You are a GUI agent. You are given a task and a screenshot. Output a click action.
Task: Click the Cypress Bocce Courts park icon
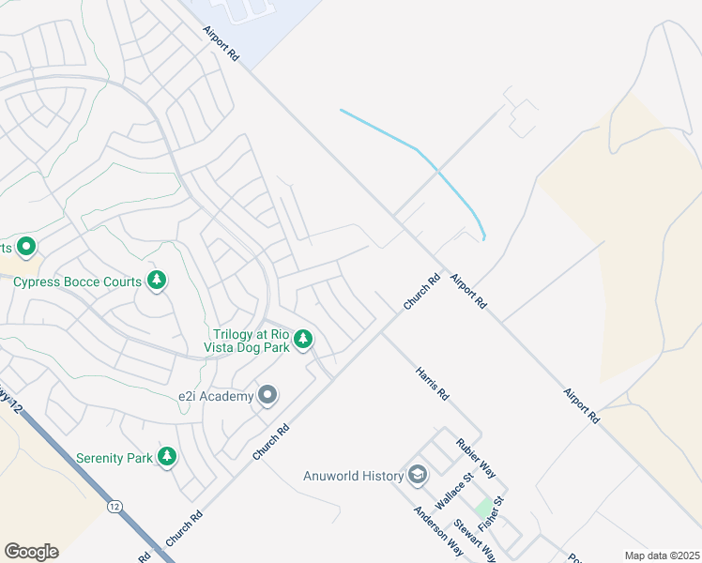coord(157,281)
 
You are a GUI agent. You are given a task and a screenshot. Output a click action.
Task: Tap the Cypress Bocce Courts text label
coord(78,281)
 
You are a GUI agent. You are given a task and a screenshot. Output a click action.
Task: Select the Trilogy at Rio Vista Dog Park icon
coord(302,340)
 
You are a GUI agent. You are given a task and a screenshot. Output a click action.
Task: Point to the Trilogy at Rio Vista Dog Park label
coord(248,341)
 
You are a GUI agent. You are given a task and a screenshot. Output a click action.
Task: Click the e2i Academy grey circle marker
coord(267,395)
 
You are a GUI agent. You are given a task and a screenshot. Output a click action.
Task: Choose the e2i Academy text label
coord(216,396)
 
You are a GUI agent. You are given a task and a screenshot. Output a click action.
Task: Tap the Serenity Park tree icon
coord(167,457)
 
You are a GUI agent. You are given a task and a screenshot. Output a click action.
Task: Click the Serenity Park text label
coord(114,458)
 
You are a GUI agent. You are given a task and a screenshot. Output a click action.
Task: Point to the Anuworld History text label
coord(353,476)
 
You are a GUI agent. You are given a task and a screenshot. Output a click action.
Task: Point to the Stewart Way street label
coord(474,540)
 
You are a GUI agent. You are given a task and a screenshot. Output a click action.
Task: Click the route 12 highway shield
coord(114,506)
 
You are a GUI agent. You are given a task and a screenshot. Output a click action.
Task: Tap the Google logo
coord(31,551)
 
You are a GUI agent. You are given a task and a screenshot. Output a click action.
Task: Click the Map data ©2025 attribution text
coord(661,555)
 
